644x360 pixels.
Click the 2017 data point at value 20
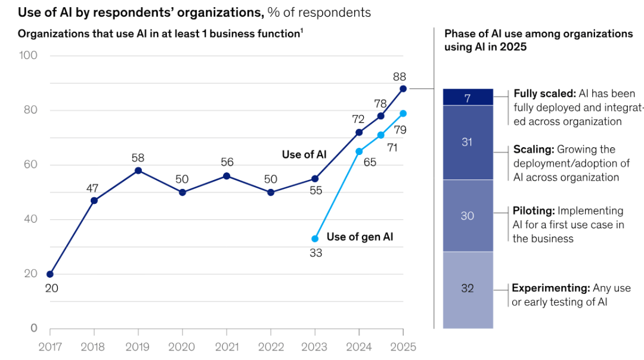[x=50, y=274]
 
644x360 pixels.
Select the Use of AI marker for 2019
[x=138, y=170]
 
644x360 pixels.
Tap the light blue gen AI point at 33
[x=315, y=238]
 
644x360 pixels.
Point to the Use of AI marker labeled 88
[x=403, y=89]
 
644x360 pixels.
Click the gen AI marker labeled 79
[x=403, y=113]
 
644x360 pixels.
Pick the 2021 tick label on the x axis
[x=227, y=347]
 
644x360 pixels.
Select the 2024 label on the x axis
[x=359, y=347]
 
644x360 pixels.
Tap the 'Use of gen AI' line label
[x=360, y=237]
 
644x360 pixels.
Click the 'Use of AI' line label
[x=304, y=154]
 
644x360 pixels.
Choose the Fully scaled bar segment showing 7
[x=467, y=97]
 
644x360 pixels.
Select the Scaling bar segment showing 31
[x=467, y=142]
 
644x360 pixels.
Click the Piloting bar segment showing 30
[x=467, y=216]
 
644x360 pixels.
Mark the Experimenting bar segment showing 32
[x=467, y=289]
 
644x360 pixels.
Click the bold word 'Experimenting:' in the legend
[x=550, y=288]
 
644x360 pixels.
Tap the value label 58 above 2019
[x=138, y=158]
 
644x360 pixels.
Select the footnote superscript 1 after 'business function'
[x=301, y=31]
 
